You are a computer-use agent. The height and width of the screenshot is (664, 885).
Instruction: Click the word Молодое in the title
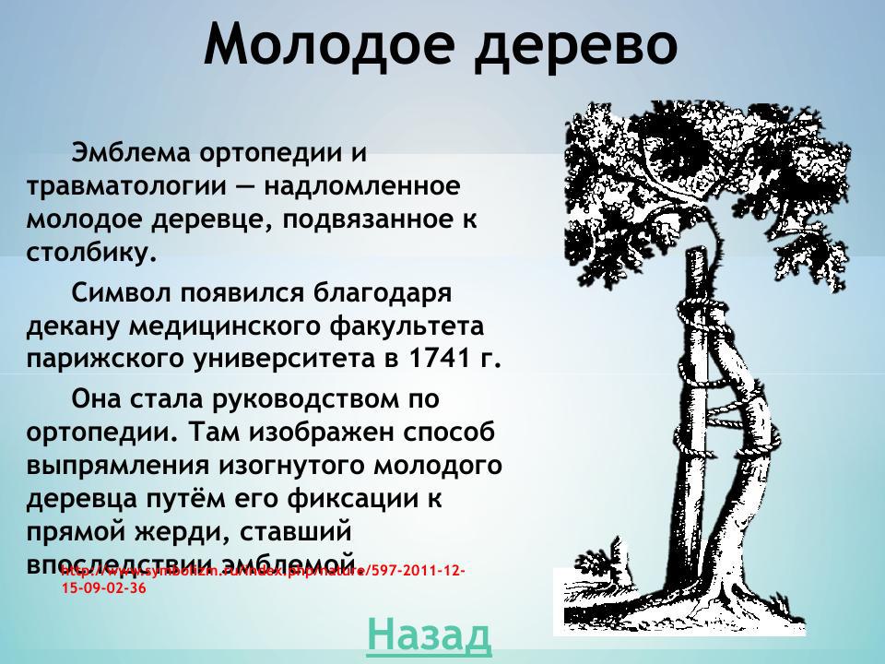(x=328, y=44)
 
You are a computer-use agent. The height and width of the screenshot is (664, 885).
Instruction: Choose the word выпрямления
(x=118, y=465)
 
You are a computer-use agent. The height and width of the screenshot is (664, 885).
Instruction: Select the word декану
(x=73, y=326)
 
